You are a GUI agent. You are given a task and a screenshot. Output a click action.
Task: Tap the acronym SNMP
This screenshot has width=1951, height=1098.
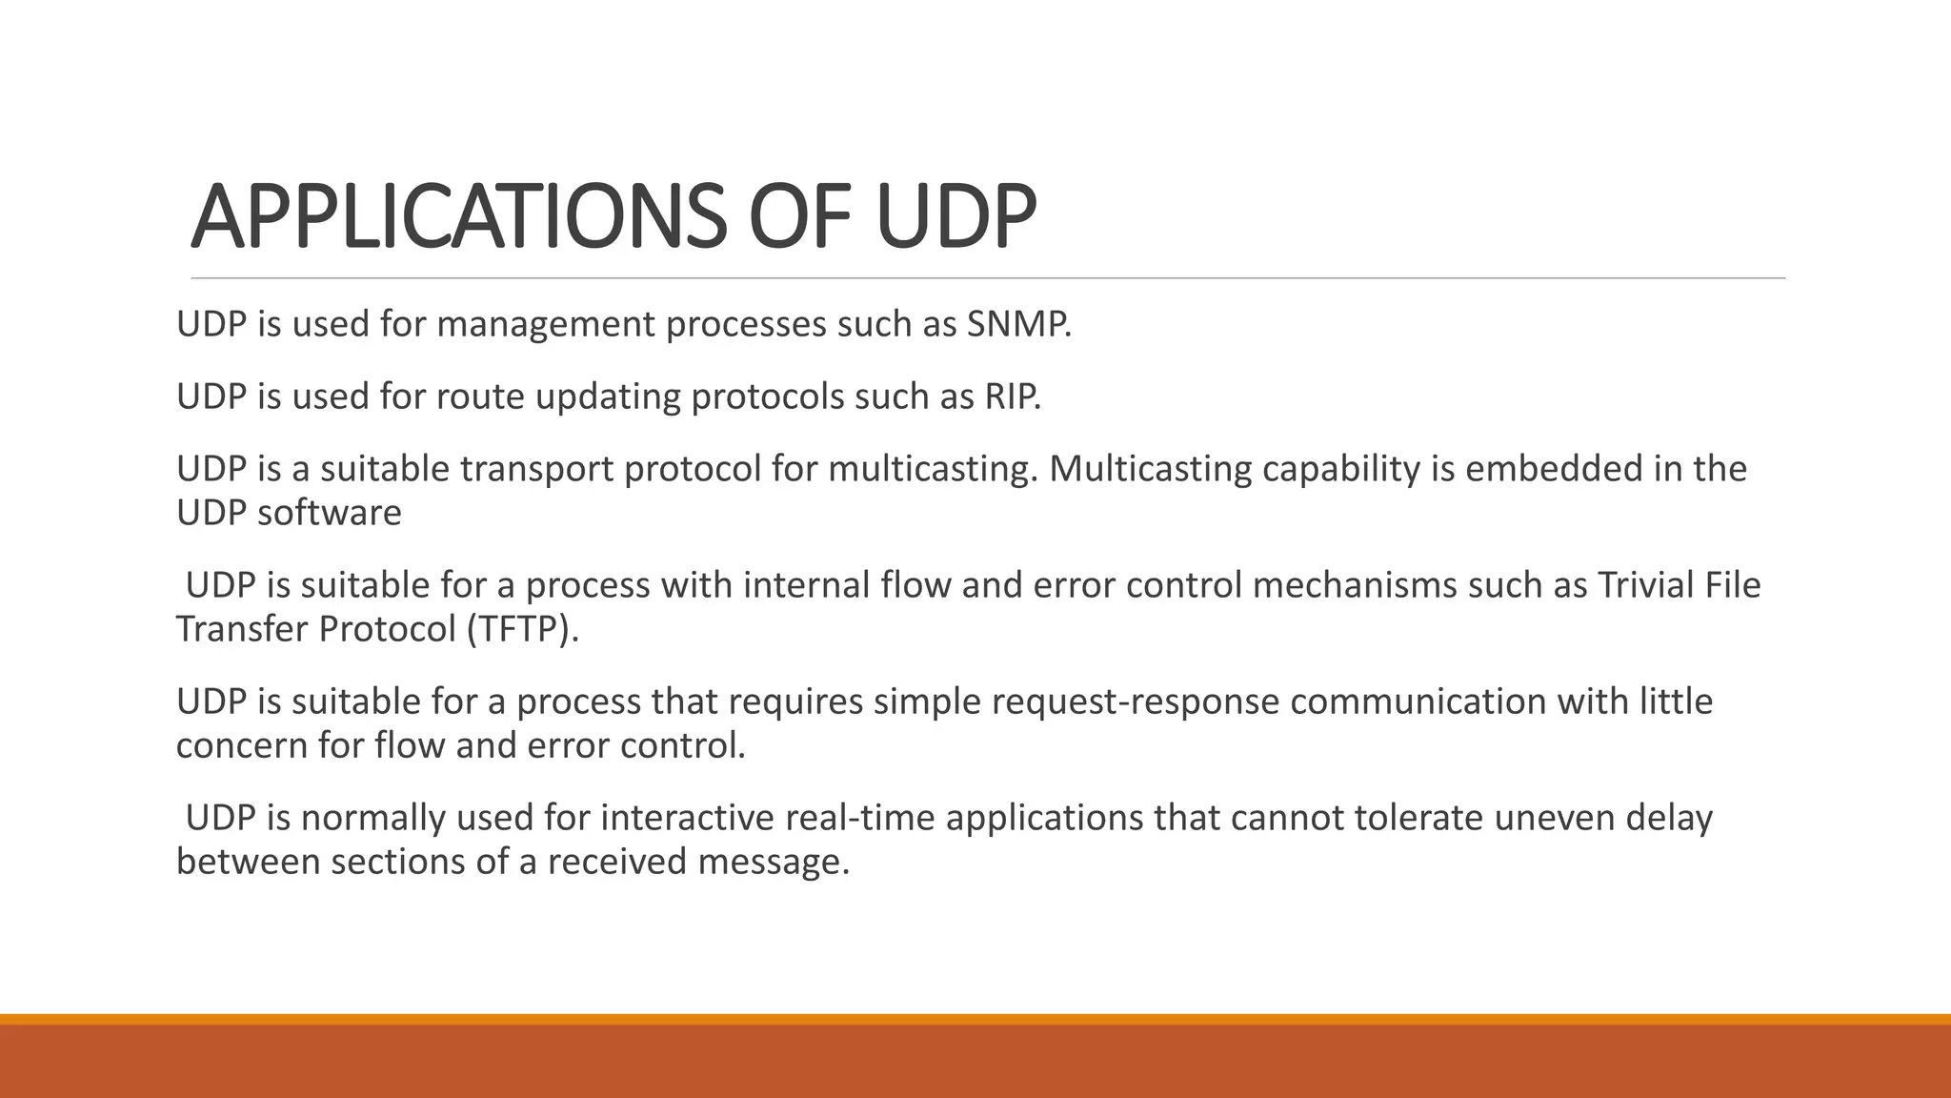point(1017,325)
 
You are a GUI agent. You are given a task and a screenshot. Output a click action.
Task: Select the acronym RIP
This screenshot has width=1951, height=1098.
point(1012,396)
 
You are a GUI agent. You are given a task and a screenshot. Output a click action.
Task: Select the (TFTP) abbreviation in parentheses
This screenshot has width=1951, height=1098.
point(522,629)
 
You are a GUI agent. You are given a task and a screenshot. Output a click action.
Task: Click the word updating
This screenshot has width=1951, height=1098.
point(608,396)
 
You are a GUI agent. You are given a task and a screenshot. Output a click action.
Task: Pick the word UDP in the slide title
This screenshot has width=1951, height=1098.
point(955,217)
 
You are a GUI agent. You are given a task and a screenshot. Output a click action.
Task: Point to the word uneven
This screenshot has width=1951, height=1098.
point(1554,818)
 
